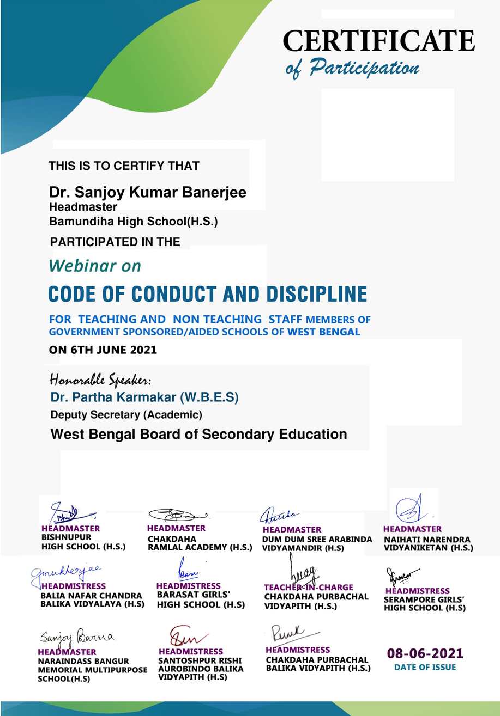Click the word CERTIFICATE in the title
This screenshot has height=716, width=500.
378,41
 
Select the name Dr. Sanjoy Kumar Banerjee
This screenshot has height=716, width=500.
148,193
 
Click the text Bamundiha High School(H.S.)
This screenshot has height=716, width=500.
134,222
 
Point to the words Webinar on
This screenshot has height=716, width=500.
95,266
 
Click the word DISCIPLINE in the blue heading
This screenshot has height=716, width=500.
316,294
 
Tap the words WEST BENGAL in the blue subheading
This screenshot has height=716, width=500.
324,332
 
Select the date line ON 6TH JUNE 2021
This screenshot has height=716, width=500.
103,350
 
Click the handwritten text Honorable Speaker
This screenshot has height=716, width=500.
101,379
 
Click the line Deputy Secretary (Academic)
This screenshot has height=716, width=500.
126,415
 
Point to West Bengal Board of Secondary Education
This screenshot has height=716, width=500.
198,435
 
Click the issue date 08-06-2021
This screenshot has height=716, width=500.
425,653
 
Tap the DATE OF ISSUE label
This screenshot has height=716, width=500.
425,667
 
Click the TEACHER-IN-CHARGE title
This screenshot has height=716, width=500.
309,588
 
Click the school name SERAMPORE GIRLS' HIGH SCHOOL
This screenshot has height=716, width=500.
425,604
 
